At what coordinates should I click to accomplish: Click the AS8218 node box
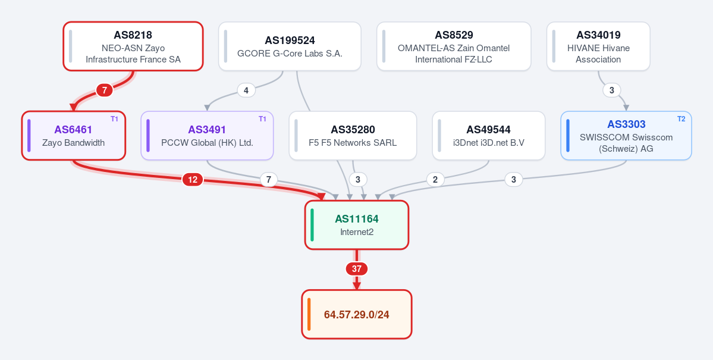click(x=133, y=46)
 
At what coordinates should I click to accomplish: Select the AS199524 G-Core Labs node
click(x=290, y=46)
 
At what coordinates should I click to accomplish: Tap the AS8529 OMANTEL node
click(x=454, y=46)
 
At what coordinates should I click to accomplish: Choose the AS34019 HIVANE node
click(x=598, y=46)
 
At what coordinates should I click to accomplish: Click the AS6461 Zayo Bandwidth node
click(x=73, y=136)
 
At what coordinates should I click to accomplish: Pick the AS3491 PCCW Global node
click(x=207, y=136)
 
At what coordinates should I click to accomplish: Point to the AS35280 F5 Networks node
click(x=353, y=136)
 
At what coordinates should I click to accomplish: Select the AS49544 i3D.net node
click(x=489, y=136)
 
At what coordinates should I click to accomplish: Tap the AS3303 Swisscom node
click(x=626, y=136)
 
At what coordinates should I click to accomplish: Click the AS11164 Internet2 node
click(x=357, y=225)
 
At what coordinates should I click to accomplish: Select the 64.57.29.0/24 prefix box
click(x=357, y=315)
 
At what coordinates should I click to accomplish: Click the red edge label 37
click(x=357, y=269)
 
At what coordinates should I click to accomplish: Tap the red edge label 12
click(x=193, y=180)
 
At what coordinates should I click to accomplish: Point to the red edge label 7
click(x=105, y=90)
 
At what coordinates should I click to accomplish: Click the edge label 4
click(x=246, y=90)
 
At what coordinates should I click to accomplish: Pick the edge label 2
click(x=435, y=180)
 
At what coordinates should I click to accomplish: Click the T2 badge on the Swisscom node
click(x=681, y=119)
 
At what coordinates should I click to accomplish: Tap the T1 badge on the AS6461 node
click(x=115, y=119)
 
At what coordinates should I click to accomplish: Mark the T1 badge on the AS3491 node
click(x=262, y=119)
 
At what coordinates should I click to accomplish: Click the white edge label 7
click(x=269, y=180)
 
